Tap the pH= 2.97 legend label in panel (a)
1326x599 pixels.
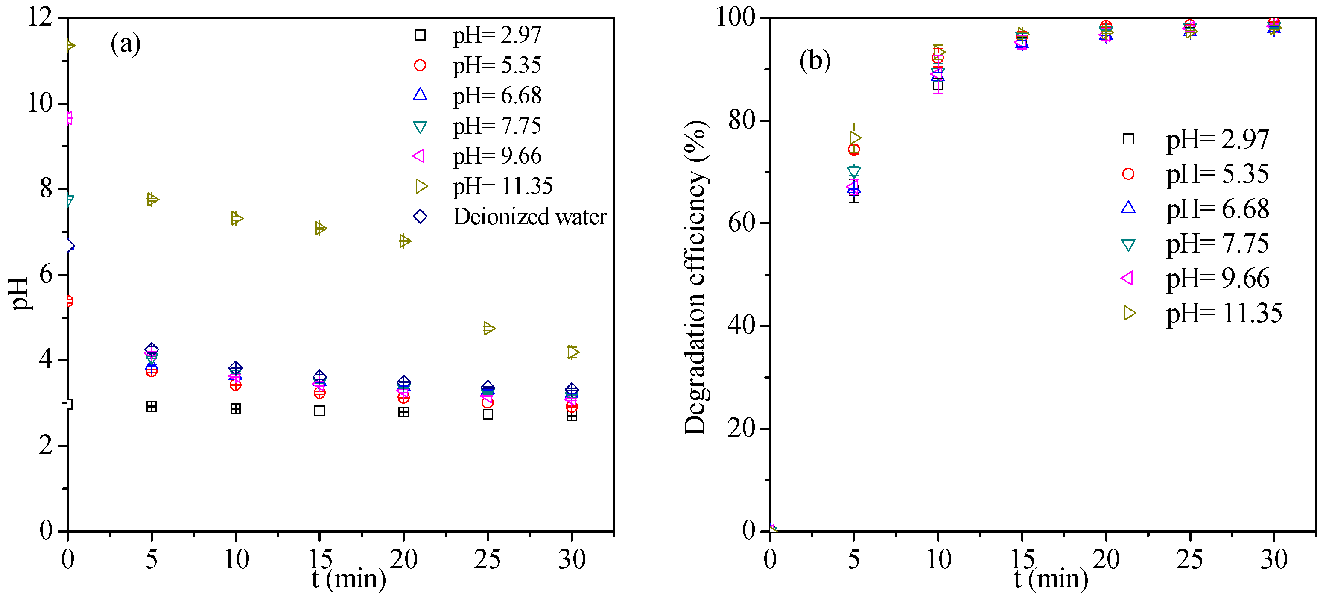(x=497, y=35)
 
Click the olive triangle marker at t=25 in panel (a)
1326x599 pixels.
(x=488, y=328)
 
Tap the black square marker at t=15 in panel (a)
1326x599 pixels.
(x=320, y=411)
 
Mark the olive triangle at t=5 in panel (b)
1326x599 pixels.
(x=855, y=138)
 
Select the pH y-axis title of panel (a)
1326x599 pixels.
(x=20, y=294)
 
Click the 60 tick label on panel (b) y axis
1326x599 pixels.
(x=741, y=223)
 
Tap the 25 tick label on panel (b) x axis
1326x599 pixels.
(x=1189, y=559)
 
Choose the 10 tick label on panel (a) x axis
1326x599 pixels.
(x=236, y=559)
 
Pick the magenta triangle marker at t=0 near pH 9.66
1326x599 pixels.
(x=69, y=118)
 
